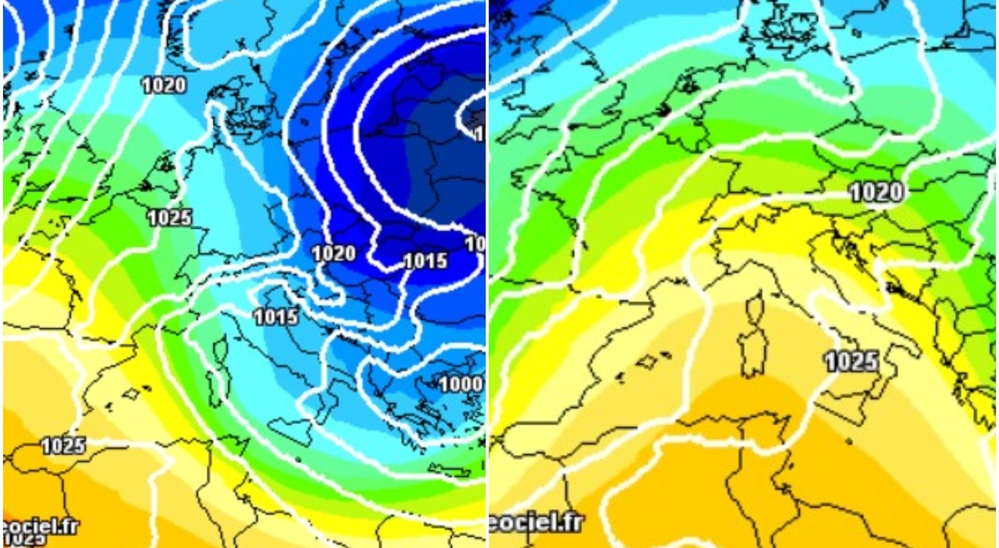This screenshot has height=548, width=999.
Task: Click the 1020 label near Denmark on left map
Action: point(164,85)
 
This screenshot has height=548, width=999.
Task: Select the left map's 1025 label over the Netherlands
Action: point(169,218)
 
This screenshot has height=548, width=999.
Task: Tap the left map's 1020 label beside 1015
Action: point(334,253)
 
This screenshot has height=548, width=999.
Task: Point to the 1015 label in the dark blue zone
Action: point(425,261)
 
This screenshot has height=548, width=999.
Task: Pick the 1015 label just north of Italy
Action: point(276,316)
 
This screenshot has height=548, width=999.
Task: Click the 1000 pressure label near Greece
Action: point(460,384)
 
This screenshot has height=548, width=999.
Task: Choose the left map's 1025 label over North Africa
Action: point(63,446)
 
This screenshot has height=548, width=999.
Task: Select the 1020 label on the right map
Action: point(876,191)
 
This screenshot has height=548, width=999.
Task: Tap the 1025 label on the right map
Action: point(851,361)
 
